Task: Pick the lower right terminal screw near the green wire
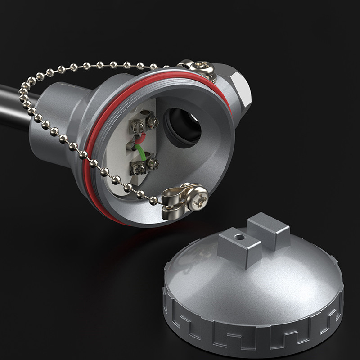153,163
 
